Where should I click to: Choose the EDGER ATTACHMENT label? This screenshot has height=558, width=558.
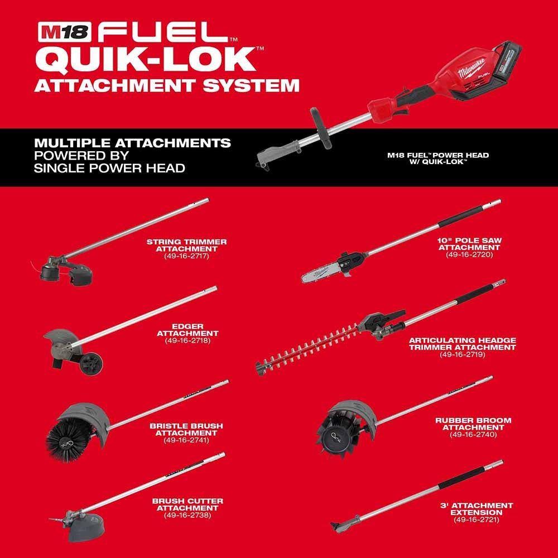pyautogui.click(x=187, y=329)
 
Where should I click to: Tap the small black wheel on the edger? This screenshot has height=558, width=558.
pyautogui.click(x=89, y=363)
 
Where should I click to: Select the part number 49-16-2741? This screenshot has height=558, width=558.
pyautogui.click(x=186, y=440)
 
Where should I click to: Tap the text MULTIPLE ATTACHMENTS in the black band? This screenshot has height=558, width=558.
pyautogui.click(x=132, y=143)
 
